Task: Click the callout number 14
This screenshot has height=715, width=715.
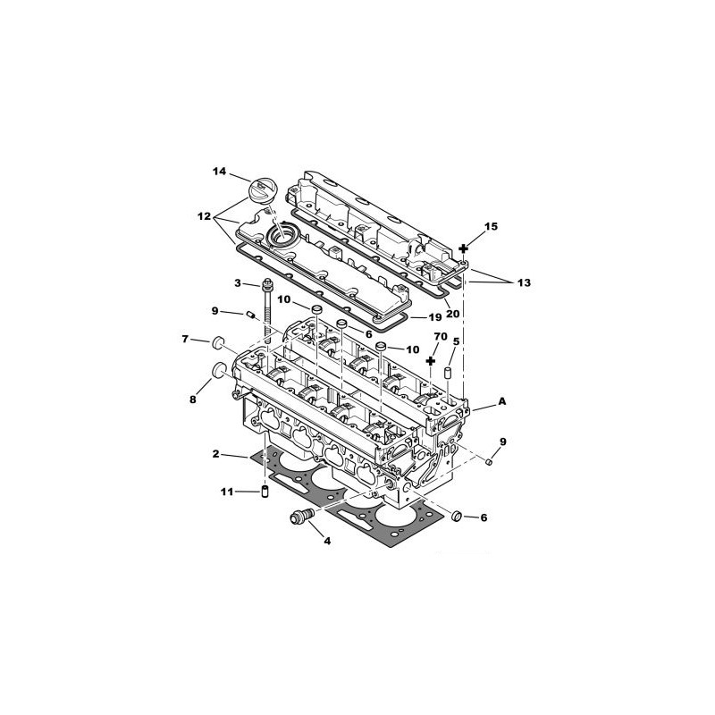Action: point(219,171)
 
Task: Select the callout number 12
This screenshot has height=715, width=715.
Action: point(204,216)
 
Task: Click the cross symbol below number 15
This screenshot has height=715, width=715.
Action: point(463,248)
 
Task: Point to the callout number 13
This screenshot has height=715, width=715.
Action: point(525,282)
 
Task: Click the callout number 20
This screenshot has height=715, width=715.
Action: point(453,314)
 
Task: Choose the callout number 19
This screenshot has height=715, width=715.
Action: point(435,317)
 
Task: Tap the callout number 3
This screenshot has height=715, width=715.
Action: point(238,283)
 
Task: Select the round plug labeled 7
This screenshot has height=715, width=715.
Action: point(218,342)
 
